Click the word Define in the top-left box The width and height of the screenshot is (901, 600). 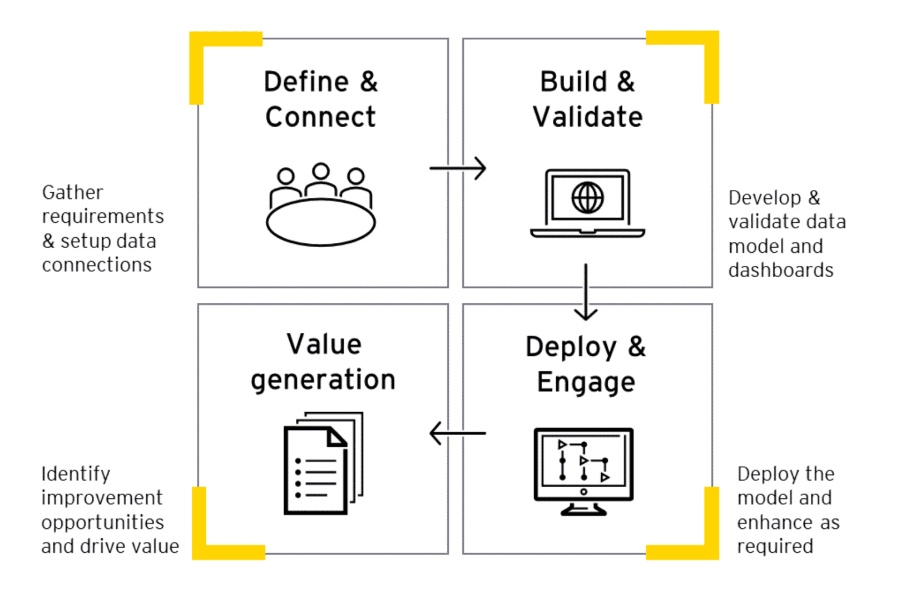(306, 82)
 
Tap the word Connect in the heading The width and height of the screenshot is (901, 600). (320, 117)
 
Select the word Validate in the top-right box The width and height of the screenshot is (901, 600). (587, 117)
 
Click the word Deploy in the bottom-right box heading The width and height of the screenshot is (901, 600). (571, 348)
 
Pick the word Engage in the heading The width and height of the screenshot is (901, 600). (586, 383)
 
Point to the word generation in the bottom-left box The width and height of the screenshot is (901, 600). (323, 381)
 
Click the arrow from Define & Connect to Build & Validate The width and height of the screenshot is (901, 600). (458, 168)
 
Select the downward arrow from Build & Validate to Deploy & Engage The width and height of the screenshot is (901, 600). (586, 292)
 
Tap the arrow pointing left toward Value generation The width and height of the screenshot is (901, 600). (458, 433)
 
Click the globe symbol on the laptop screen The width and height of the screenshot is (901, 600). (587, 198)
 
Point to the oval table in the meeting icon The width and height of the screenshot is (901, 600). (321, 222)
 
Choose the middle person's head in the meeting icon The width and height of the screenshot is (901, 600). (321, 171)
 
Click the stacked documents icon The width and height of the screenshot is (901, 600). (323, 463)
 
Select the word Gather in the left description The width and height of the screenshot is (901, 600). (72, 193)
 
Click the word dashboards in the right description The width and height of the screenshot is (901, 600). (781, 271)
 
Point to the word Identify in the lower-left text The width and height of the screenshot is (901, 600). (76, 474)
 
